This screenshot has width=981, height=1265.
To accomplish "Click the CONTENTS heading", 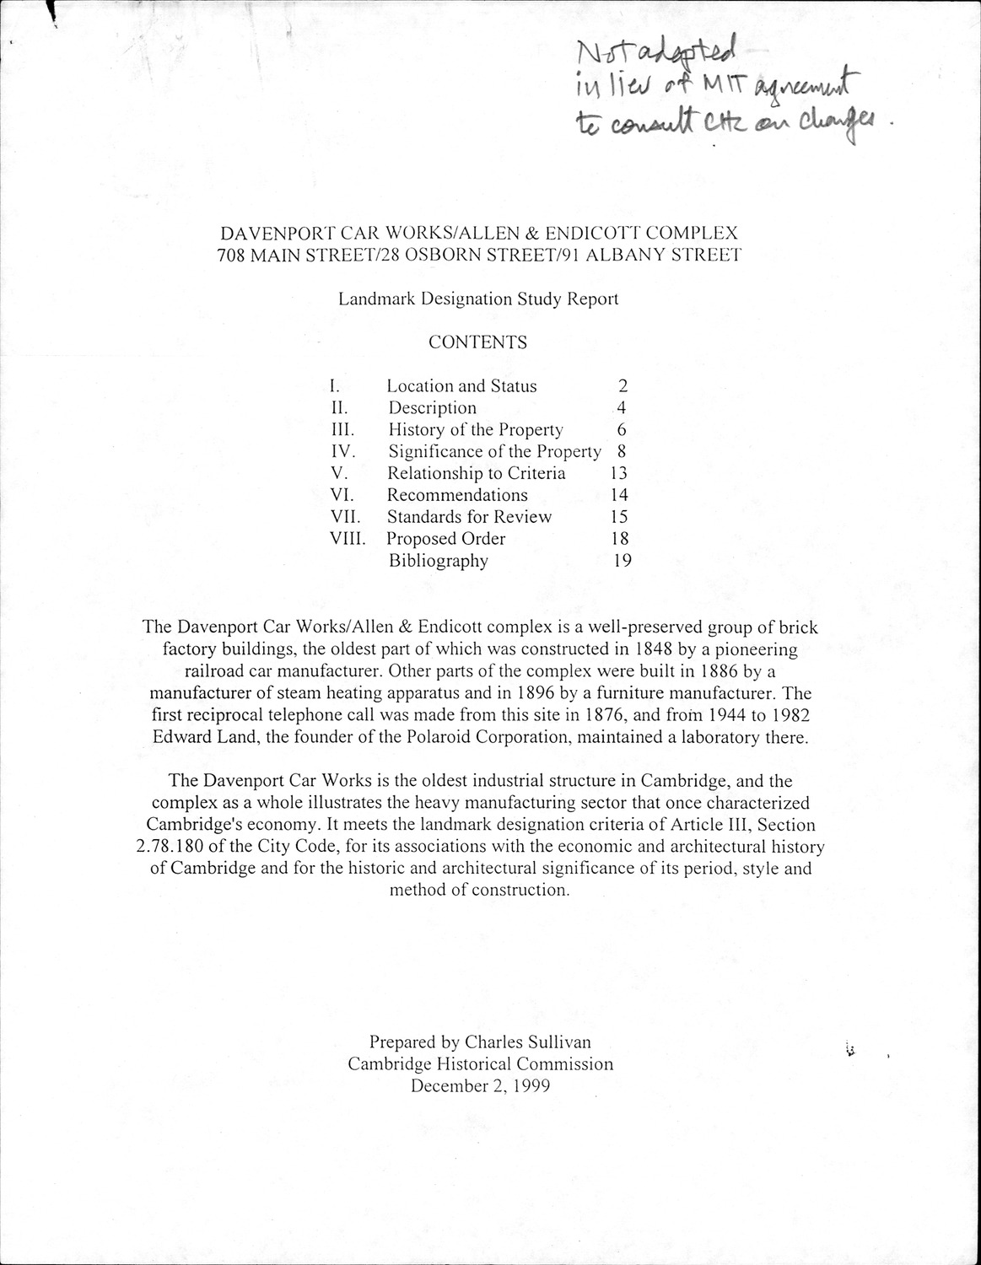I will coord(477,342).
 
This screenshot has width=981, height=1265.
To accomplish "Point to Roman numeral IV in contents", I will coord(343,452).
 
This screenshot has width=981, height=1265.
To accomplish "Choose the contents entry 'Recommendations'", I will coord(457,496).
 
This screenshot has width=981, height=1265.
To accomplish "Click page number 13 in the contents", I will coord(617,474).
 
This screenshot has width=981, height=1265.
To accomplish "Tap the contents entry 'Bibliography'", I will coord(438,561).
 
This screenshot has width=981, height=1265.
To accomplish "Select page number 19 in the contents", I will coord(622,561).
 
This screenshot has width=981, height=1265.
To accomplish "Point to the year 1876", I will coord(607,716).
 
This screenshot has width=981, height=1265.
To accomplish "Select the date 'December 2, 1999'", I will coord(480,1086).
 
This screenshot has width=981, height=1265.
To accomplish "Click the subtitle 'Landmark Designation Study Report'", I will coord(478,299).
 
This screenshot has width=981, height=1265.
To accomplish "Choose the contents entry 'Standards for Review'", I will coord(469,517).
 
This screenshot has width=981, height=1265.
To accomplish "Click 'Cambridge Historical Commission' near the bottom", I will coord(480,1064).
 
